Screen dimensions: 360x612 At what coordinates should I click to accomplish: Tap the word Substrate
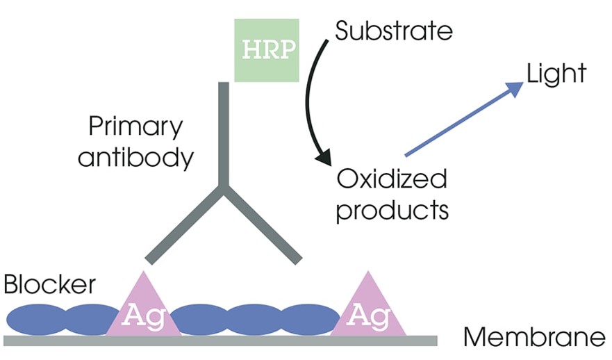[394, 31]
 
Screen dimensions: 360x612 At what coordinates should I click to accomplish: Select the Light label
[556, 74]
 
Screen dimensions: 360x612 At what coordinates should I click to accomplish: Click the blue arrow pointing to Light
[462, 118]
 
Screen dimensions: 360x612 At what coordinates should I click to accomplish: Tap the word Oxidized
[392, 180]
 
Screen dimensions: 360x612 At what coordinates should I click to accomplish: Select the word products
[392, 210]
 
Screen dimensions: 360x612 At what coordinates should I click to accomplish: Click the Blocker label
[49, 284]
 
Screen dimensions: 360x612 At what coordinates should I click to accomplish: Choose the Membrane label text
[535, 338]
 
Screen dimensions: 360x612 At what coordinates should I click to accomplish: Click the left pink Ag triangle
[144, 309]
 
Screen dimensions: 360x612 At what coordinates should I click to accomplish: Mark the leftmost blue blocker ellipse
[36, 319]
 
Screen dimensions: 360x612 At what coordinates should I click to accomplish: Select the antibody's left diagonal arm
[184, 224]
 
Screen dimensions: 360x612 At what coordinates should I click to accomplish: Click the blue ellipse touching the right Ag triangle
[309, 319]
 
